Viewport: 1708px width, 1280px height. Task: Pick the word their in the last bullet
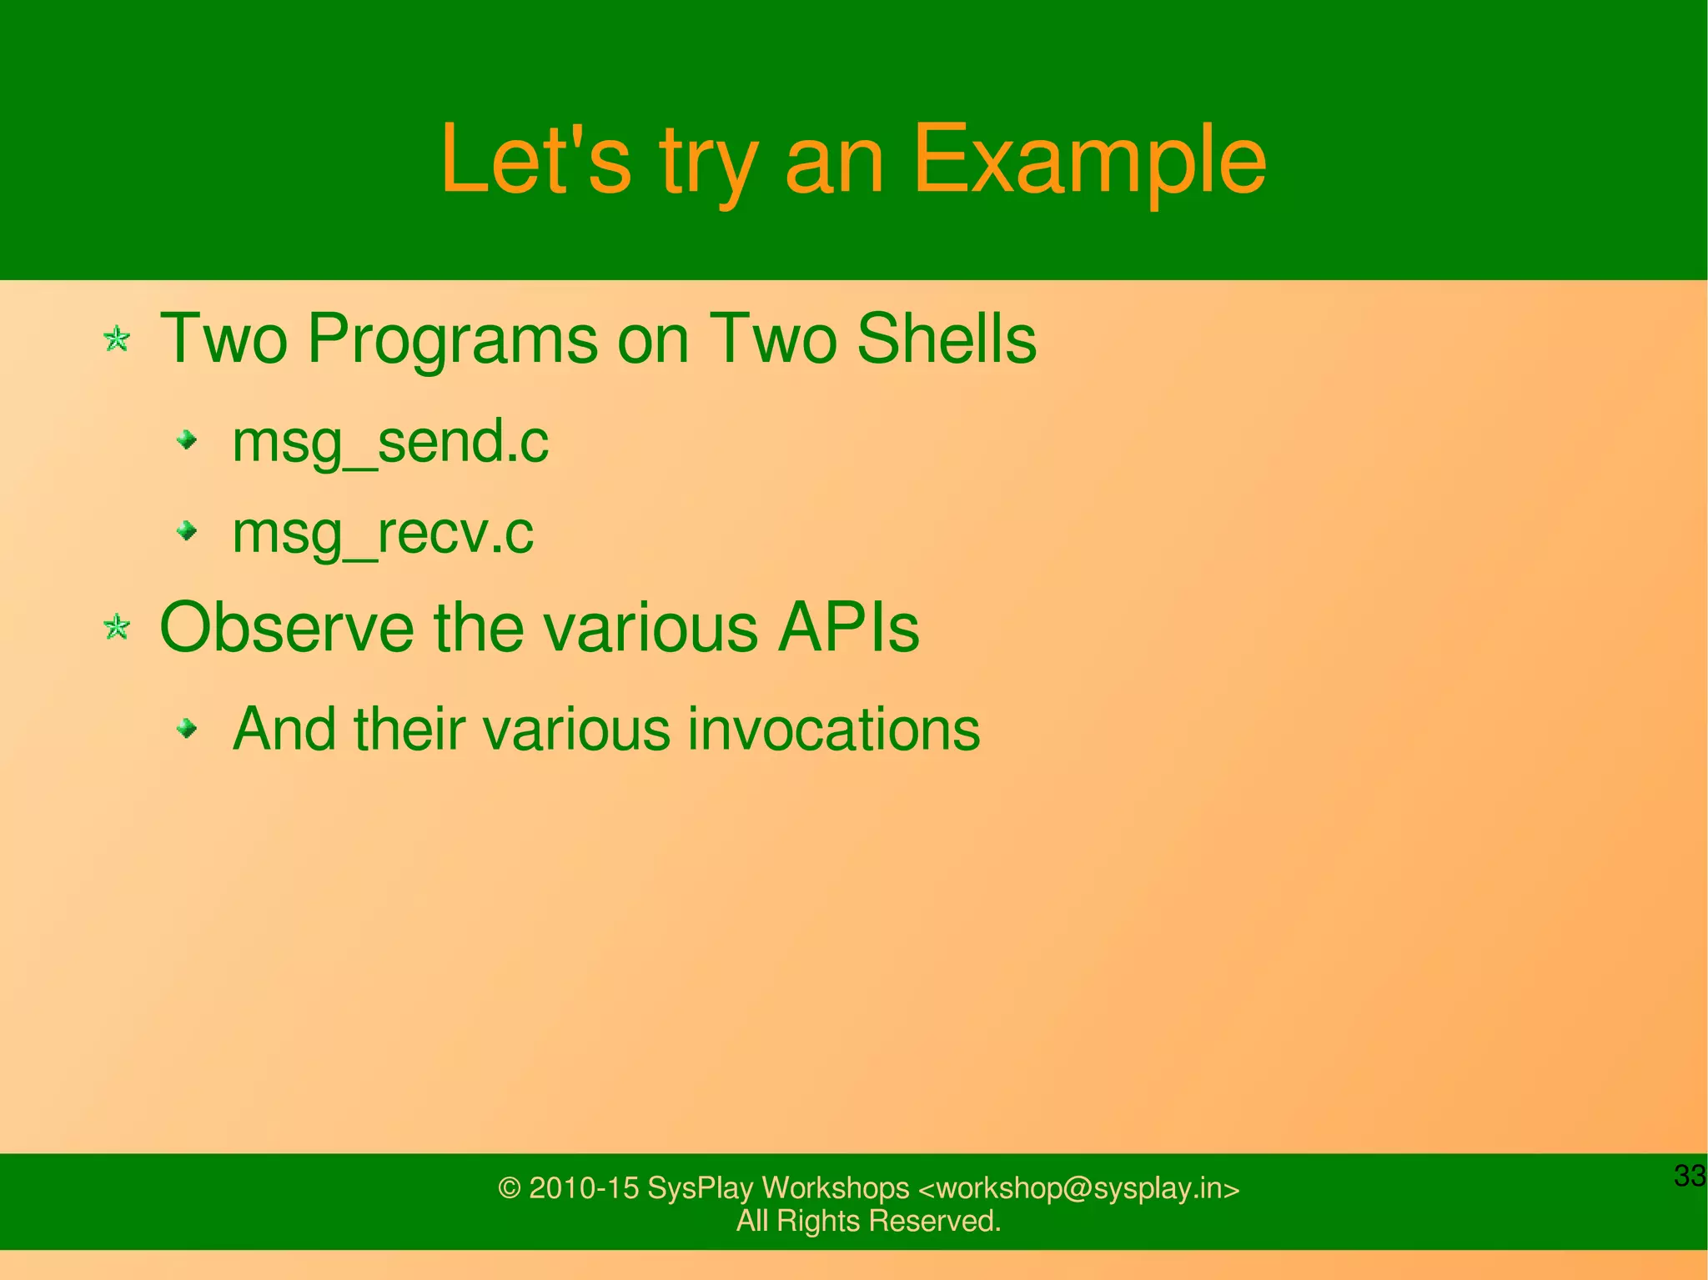point(409,729)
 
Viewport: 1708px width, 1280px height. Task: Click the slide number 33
point(1690,1176)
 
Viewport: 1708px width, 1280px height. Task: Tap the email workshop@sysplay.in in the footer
point(1078,1187)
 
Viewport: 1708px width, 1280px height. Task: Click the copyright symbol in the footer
point(509,1188)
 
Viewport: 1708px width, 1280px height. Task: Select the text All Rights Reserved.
point(868,1221)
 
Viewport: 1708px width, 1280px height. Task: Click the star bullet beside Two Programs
point(117,339)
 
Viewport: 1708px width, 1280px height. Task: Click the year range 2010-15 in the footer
point(584,1187)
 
